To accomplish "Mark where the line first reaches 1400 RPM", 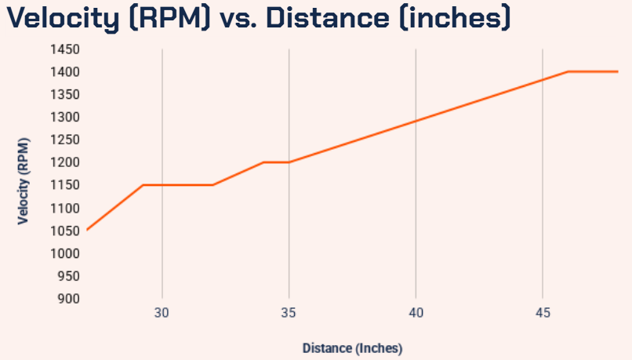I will tap(568, 71).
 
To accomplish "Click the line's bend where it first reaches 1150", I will tap(143, 185).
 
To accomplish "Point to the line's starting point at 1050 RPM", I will tap(87, 230).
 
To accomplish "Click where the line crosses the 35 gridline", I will tap(289, 162).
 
